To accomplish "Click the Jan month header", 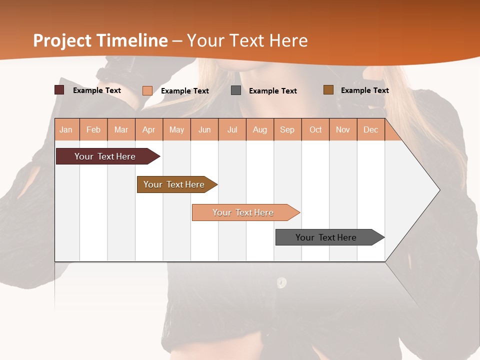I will point(66,129).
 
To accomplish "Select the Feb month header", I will point(93,129).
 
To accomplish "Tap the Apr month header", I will point(148,129).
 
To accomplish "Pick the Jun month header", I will point(204,129).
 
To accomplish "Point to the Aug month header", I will point(259,129).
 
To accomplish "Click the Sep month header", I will point(287,129).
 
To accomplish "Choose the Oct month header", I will point(315,129).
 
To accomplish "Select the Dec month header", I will point(370,129).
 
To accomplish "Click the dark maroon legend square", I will point(59,90).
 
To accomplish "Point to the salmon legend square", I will point(147,90).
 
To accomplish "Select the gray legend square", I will point(236,90).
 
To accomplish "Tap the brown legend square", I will point(328,90).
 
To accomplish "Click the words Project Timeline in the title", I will point(100,40).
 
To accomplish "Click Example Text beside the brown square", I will point(364,90).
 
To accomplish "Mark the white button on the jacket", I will point(281,282).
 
